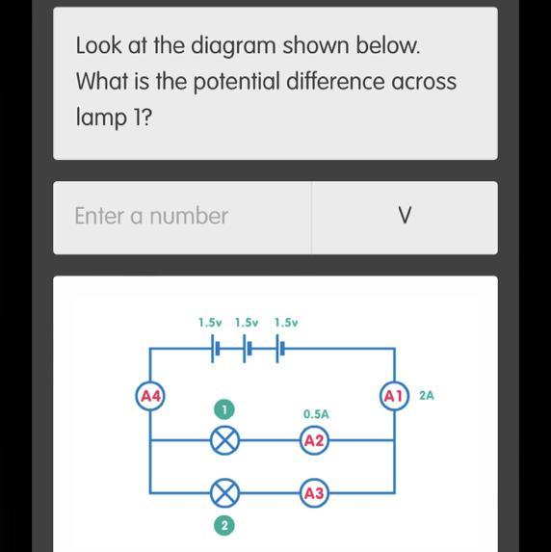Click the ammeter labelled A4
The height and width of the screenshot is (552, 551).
[150, 397]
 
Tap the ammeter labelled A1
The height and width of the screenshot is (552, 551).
[394, 396]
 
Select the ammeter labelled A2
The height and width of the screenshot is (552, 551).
[314, 440]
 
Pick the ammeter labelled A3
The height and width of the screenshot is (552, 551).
[314, 493]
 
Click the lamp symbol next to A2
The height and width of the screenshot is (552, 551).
[225, 440]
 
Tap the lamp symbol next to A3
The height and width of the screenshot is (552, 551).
[225, 493]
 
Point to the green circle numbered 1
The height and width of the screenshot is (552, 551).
[223, 409]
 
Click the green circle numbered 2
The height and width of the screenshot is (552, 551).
[223, 526]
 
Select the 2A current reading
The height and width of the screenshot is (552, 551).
[427, 396]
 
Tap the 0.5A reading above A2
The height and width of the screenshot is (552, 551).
[316, 414]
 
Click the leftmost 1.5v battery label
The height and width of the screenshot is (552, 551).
[210, 323]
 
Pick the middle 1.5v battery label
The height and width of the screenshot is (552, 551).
[247, 323]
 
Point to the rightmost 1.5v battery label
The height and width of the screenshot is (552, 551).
[286, 323]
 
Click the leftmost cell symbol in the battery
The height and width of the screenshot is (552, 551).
[215, 349]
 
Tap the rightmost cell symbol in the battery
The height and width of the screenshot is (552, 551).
[280, 349]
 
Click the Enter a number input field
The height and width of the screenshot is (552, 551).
[182, 218]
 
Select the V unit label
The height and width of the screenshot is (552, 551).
[405, 215]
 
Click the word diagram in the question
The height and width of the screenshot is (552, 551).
[233, 47]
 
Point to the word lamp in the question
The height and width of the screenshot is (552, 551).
[101, 118]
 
